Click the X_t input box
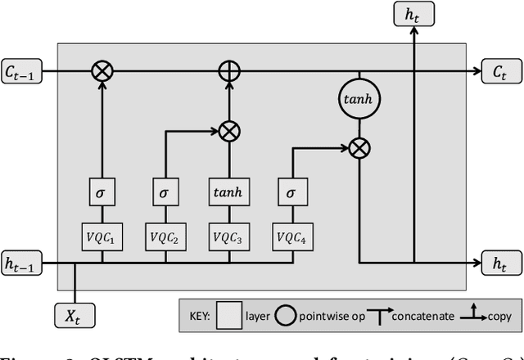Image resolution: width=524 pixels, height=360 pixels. [x=75, y=313]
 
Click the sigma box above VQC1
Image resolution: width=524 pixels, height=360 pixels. [x=102, y=194]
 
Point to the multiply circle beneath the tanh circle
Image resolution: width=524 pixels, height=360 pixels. [x=358, y=148]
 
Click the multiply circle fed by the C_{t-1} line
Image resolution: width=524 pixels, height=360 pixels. [x=102, y=72]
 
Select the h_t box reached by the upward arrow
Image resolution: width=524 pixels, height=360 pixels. [x=414, y=15]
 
